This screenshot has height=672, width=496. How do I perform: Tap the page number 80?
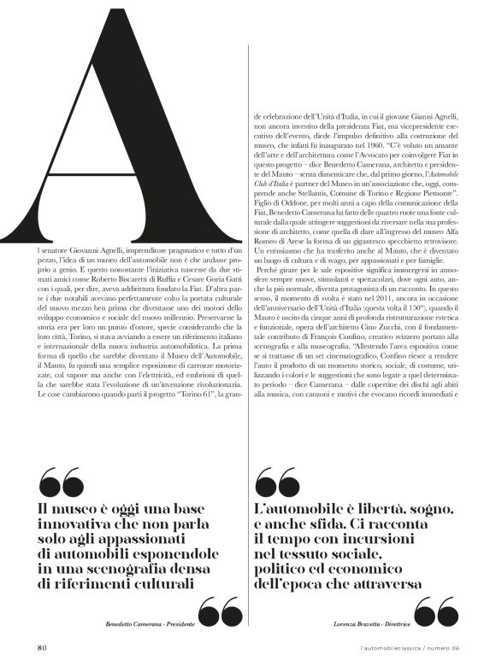pyautogui.click(x=41, y=646)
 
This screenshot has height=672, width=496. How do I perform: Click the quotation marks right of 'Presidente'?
pyautogui.click(x=219, y=613)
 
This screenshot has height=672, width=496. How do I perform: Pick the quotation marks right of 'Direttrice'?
pyautogui.click(x=435, y=613)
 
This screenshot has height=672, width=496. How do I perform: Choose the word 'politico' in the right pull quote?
pyautogui.click(x=286, y=569)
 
